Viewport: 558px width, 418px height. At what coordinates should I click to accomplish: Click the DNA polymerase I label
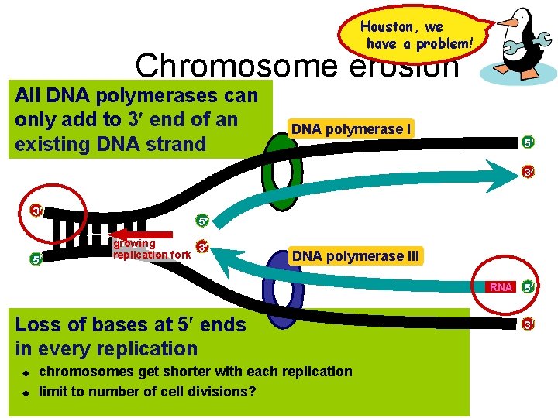(350, 129)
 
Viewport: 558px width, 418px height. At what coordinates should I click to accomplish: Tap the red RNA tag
(501, 287)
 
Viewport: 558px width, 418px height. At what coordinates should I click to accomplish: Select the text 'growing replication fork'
(151, 249)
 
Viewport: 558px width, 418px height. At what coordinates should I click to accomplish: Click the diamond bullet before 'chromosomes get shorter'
(23, 372)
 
